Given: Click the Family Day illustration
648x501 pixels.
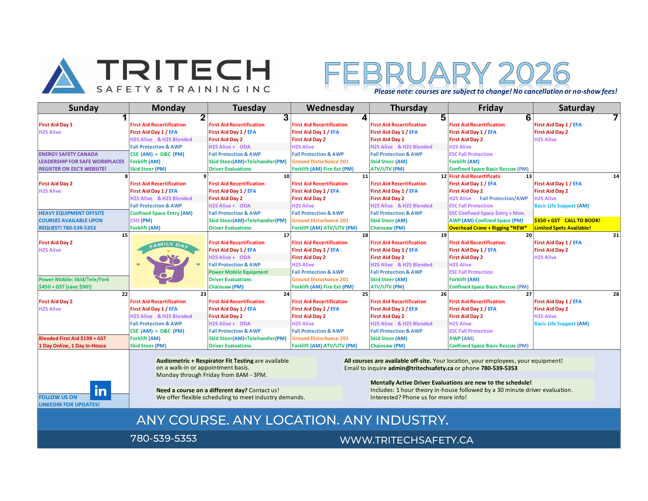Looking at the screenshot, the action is (x=168, y=261).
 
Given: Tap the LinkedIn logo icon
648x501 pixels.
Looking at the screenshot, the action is (x=100, y=390).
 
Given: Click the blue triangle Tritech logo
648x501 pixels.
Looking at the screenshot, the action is (x=64, y=76).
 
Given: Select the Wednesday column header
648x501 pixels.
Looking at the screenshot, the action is (x=330, y=108).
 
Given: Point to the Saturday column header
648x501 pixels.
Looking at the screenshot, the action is (x=576, y=108).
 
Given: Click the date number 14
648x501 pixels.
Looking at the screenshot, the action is (x=616, y=176).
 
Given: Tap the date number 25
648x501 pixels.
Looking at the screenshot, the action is (x=365, y=294).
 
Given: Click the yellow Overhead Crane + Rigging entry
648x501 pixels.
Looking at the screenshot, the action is (x=488, y=228).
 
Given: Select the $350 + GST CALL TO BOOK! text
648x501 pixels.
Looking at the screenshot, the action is (x=567, y=220).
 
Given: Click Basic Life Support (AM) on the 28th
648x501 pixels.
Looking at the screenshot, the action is (x=561, y=324).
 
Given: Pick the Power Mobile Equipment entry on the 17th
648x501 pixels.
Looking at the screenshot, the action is (x=238, y=272).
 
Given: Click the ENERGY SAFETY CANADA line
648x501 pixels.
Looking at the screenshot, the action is (x=68, y=154).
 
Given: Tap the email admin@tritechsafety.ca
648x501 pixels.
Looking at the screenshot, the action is (x=420, y=368).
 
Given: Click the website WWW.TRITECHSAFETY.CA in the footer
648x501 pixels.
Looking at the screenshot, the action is (x=406, y=440).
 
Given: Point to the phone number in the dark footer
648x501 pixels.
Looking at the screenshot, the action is (x=163, y=439).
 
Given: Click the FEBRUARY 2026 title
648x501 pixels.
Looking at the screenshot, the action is (x=447, y=73).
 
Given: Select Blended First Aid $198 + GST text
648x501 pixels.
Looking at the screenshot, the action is (x=72, y=338).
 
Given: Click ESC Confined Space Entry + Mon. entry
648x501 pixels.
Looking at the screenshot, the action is (x=487, y=213).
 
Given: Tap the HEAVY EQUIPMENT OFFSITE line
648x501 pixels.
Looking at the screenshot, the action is (x=72, y=213).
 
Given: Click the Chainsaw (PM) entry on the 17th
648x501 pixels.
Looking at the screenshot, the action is (x=226, y=287).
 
